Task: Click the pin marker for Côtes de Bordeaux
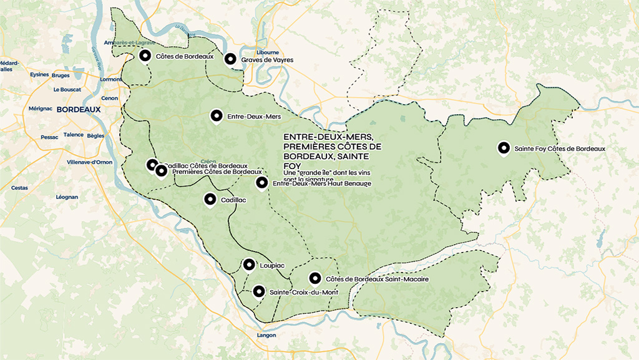click(145, 56)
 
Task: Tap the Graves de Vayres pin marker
click(230, 59)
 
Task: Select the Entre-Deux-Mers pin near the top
click(217, 115)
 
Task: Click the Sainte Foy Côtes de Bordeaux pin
click(504, 148)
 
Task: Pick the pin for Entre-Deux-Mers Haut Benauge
click(262, 183)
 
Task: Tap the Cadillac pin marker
click(210, 199)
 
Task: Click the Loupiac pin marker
click(249, 265)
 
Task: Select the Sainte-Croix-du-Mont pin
click(258, 291)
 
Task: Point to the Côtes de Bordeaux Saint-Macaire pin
click(315, 278)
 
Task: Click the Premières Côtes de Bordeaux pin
click(162, 170)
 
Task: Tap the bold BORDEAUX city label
click(78, 109)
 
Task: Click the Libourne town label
click(268, 53)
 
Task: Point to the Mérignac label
click(41, 108)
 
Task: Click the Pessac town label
click(49, 137)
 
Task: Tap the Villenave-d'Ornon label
click(89, 162)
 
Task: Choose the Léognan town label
click(67, 197)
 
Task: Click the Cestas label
click(19, 187)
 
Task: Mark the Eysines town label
click(39, 74)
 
